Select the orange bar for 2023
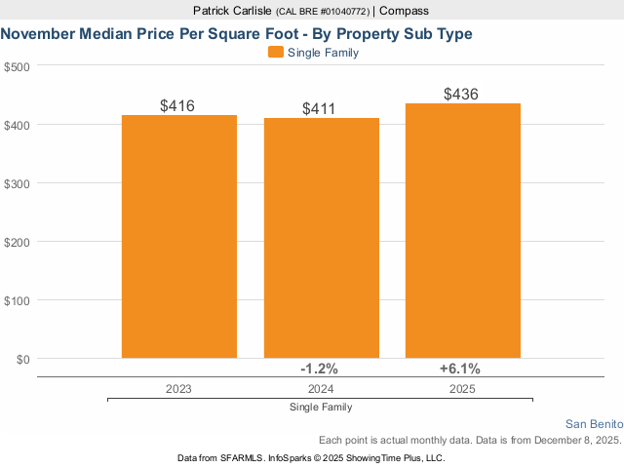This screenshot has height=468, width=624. [179, 237]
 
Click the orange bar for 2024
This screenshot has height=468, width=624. [321, 238]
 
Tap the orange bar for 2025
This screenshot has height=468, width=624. [462, 231]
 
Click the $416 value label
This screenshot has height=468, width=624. [179, 104]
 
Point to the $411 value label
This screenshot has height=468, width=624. [320, 108]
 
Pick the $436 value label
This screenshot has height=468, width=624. [461, 95]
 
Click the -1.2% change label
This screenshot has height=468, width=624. [319, 369]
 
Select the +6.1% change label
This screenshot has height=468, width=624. [460, 369]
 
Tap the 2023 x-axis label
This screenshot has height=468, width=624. [178, 388]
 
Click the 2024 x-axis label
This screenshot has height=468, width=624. [320, 388]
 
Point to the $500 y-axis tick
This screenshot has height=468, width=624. [18, 66]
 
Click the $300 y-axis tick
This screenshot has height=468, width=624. [18, 183]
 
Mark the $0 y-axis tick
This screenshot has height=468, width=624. [23, 359]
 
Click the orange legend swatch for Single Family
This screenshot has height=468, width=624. [275, 53]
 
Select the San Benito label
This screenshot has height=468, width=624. [594, 424]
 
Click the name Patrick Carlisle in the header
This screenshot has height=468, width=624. [233, 11]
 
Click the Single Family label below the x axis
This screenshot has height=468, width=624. [321, 407]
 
